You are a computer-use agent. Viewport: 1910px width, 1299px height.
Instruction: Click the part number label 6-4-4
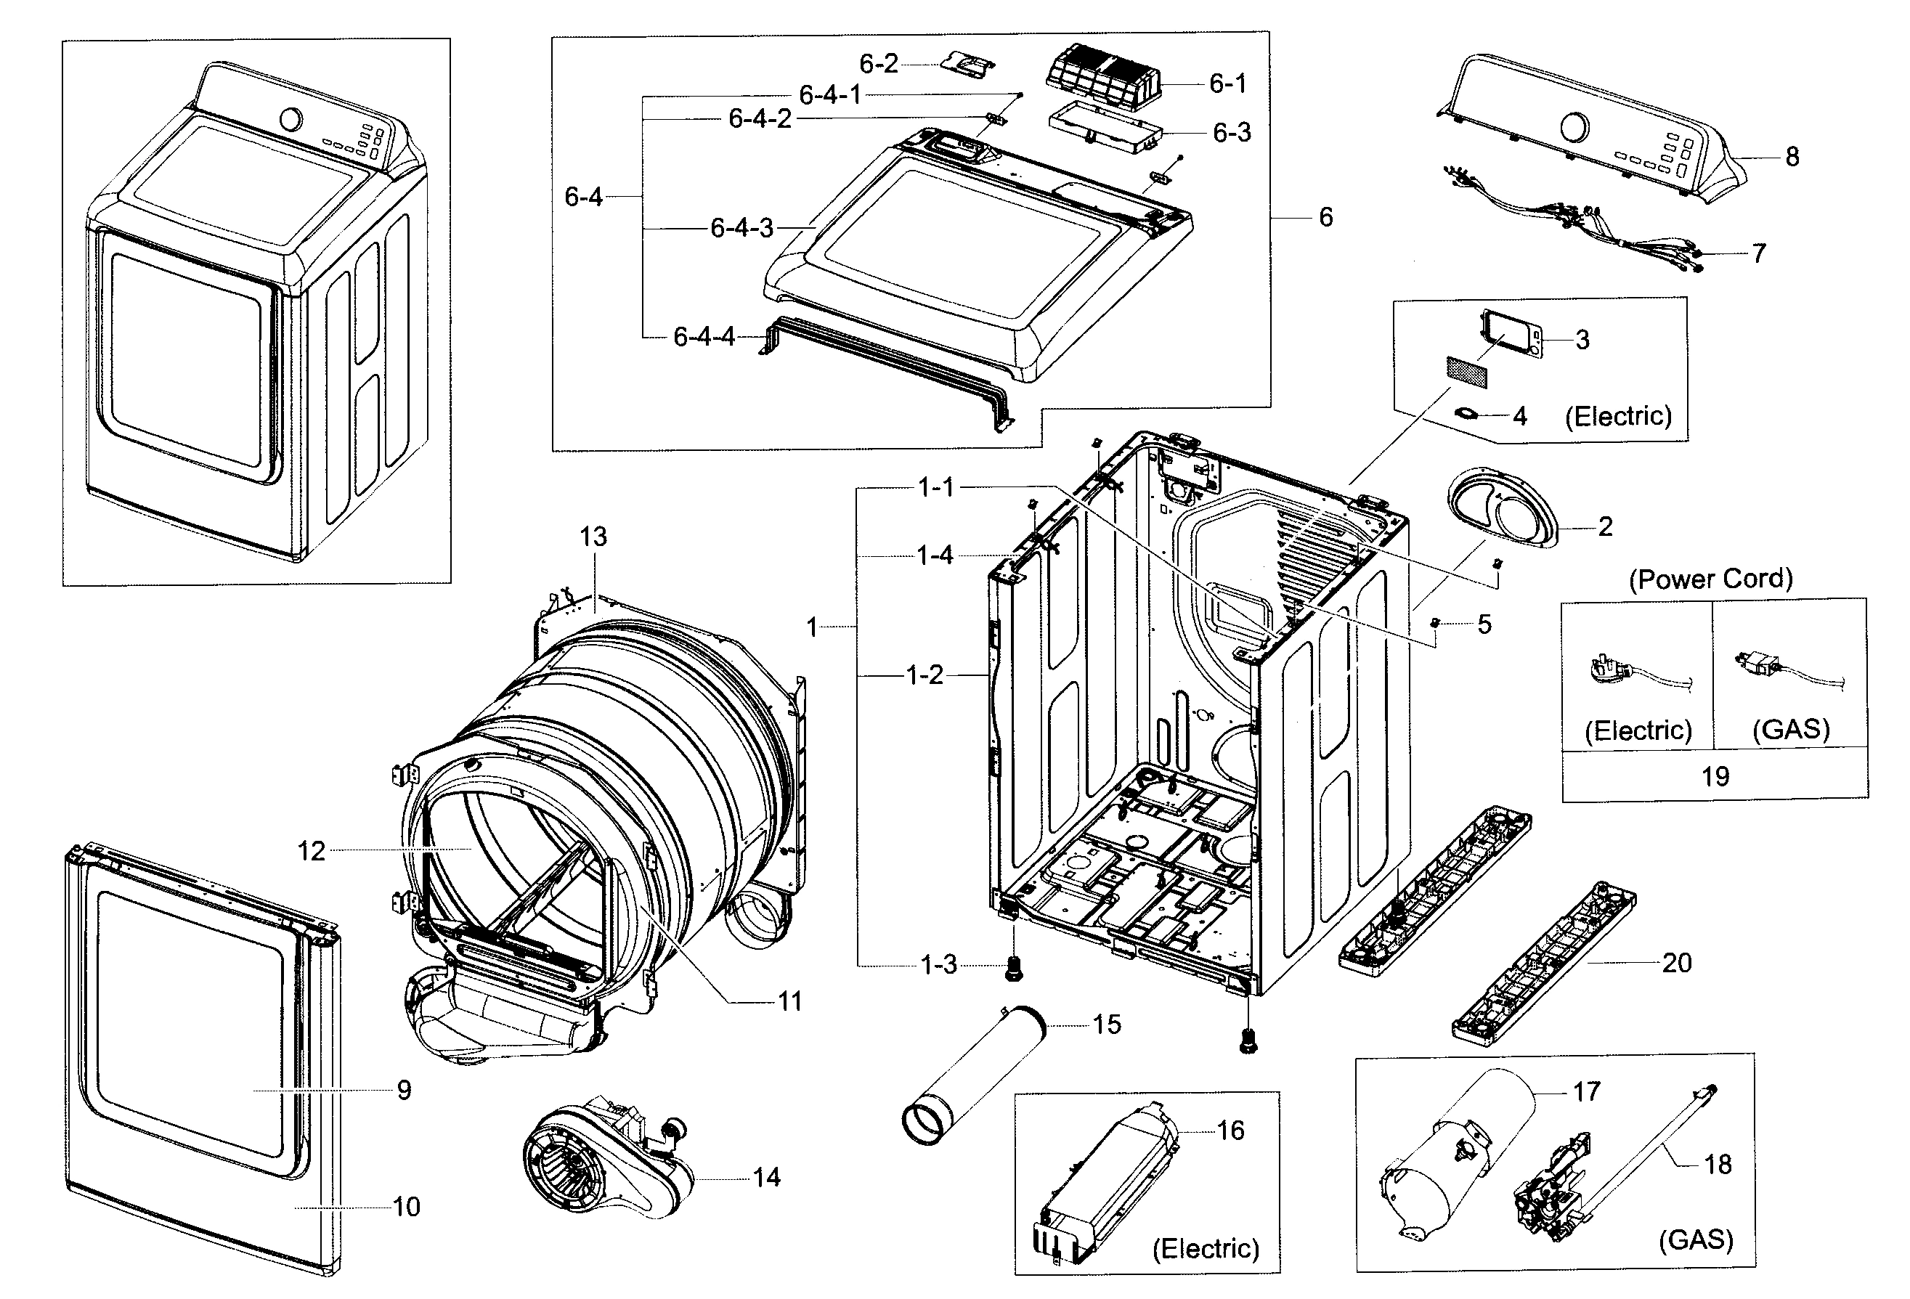tap(704, 337)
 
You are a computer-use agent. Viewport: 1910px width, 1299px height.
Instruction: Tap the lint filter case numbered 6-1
tap(1104, 82)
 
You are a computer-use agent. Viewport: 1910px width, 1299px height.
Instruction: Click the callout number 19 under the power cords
tap(1715, 775)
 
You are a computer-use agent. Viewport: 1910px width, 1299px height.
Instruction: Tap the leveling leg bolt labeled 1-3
tap(1012, 970)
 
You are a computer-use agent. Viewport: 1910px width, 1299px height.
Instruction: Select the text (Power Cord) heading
tap(1710, 579)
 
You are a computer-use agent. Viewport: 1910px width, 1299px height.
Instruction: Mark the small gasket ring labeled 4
tap(1466, 413)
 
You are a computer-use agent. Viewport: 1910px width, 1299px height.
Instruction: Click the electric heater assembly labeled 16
tap(1110, 1183)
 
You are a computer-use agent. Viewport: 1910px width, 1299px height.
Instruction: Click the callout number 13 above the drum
tap(593, 537)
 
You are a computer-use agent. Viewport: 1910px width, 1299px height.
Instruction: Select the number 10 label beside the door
tap(406, 1206)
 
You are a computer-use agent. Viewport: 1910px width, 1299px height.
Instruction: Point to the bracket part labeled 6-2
tap(970, 66)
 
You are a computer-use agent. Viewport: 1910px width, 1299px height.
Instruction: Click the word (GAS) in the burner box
tap(1696, 1239)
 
